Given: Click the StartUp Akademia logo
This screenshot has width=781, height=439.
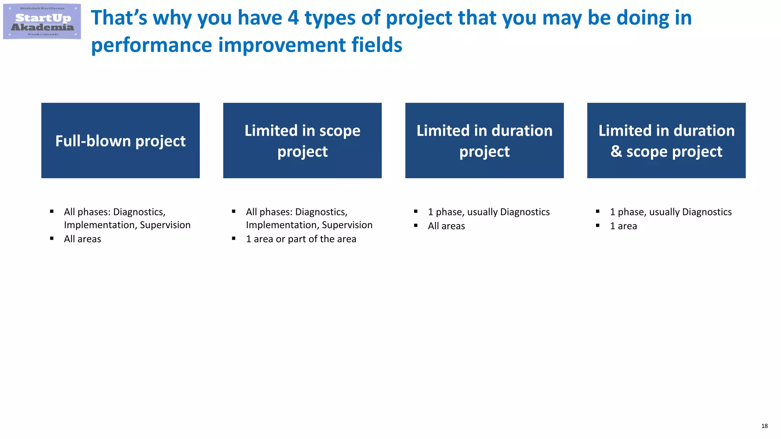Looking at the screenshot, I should (x=42, y=22).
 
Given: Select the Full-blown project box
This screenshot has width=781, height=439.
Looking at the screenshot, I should (x=121, y=140).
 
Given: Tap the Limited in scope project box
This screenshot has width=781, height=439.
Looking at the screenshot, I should (x=302, y=140).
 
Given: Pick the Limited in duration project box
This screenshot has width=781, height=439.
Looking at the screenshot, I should (x=484, y=140).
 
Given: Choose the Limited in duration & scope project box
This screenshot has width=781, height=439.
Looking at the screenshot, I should (x=666, y=140).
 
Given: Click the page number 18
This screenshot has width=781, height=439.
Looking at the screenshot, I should (x=764, y=426).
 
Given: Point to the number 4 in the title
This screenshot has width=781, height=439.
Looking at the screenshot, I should (x=293, y=18).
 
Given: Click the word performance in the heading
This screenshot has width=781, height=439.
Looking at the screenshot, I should (x=151, y=45).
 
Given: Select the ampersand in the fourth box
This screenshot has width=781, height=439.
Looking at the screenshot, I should (x=616, y=151).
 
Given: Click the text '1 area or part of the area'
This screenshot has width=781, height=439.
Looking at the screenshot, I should (x=301, y=239).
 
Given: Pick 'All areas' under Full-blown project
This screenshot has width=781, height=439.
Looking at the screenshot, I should (x=82, y=239).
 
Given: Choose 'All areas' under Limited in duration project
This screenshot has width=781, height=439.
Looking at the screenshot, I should (x=446, y=226).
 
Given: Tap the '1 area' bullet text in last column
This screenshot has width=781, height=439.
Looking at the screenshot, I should (x=623, y=226).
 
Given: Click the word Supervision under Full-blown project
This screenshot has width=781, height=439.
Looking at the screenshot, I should (x=165, y=225).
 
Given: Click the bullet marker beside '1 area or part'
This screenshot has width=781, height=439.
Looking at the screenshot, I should (x=234, y=239).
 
